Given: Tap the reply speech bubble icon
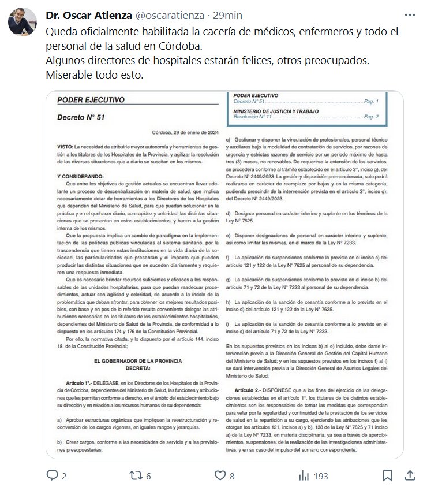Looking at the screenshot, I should pos(53,475).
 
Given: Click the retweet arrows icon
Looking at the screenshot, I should pos(134,475).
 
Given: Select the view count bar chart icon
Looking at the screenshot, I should pos(304,475).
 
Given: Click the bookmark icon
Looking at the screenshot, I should pos(388,475).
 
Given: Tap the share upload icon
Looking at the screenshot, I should pos(410,475).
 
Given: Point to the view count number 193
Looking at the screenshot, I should pos(320,476).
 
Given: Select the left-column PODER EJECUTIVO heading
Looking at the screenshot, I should pos(91,100).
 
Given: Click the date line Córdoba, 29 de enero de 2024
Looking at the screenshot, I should pos(190,132).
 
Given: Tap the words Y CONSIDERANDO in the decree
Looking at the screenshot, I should pos(80,176).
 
